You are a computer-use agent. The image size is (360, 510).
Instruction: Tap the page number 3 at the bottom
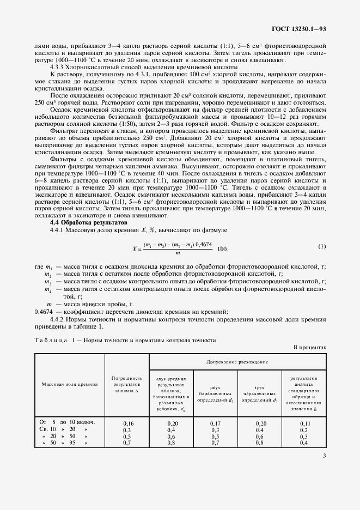coord(324,464)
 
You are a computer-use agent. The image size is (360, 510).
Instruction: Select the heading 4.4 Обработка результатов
coord(89,222)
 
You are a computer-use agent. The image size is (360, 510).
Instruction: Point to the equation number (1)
coord(322,246)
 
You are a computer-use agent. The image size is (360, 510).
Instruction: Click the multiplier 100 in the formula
coord(222,248)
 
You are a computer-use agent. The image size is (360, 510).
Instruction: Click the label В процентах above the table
coord(309,347)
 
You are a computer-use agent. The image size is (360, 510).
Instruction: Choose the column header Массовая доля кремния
coord(70,384)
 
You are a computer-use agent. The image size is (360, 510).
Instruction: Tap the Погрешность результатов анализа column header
coord(126,384)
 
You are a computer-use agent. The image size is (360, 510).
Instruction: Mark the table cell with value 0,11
coord(304,423)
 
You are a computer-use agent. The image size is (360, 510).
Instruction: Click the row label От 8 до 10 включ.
coord(68,423)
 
